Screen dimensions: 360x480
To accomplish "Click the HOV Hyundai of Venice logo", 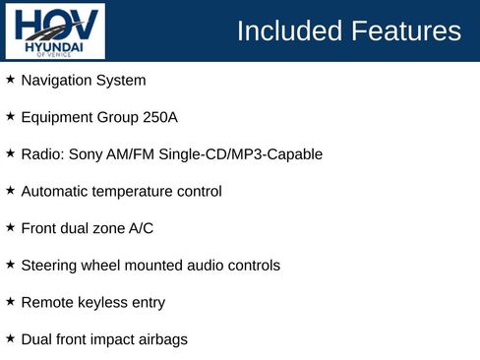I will (53, 30).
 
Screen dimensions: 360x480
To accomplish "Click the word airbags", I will (161, 339).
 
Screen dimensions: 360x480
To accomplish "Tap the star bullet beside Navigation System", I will (11, 79).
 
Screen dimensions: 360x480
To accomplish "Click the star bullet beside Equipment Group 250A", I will (11, 116).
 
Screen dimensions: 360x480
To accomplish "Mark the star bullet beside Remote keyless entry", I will (11, 302).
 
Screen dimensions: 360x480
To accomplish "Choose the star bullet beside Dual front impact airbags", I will (11, 338).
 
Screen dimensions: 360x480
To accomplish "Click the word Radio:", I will (41, 154).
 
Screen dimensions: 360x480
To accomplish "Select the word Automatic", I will (55, 191).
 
